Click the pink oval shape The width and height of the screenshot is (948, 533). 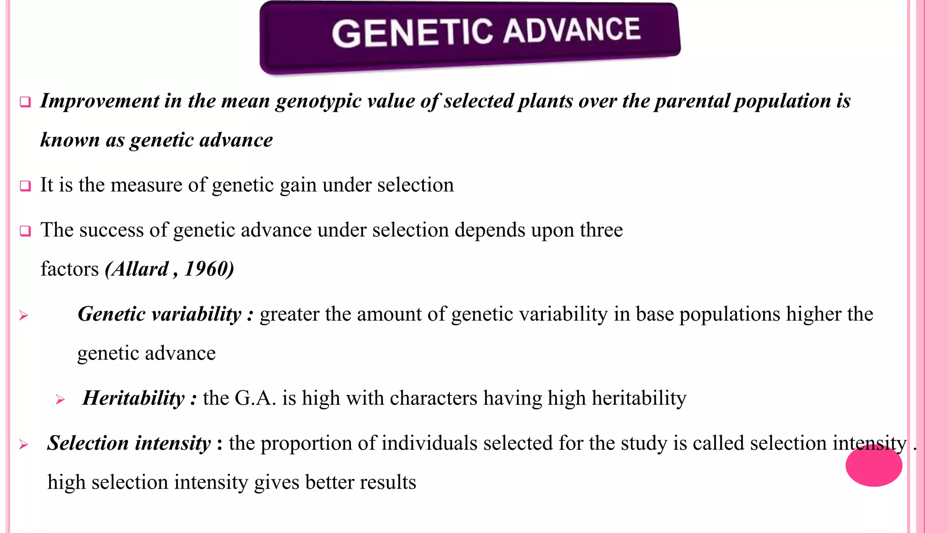click(x=873, y=466)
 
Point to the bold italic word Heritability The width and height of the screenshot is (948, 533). click(x=134, y=398)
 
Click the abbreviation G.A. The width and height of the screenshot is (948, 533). click(x=255, y=398)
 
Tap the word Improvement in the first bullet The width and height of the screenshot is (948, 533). click(x=100, y=101)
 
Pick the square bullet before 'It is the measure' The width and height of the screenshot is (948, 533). click(x=25, y=186)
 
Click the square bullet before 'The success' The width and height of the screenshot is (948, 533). click(x=25, y=231)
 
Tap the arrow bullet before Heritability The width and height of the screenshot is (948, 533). click(x=60, y=399)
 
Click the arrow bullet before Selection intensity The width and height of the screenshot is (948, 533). click(x=24, y=445)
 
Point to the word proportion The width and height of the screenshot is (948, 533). click(x=306, y=444)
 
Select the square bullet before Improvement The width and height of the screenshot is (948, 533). click(x=25, y=102)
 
